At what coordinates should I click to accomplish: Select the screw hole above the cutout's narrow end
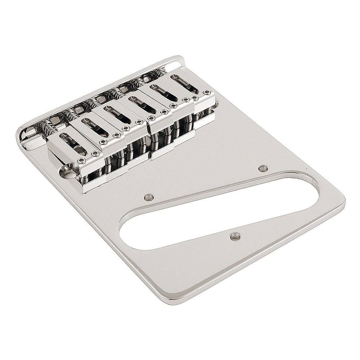pos(263,168)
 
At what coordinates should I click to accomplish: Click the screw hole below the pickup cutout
pos(235,236)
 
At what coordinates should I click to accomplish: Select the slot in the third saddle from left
pos(117,114)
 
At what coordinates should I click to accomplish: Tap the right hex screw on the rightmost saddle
pos(206,93)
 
